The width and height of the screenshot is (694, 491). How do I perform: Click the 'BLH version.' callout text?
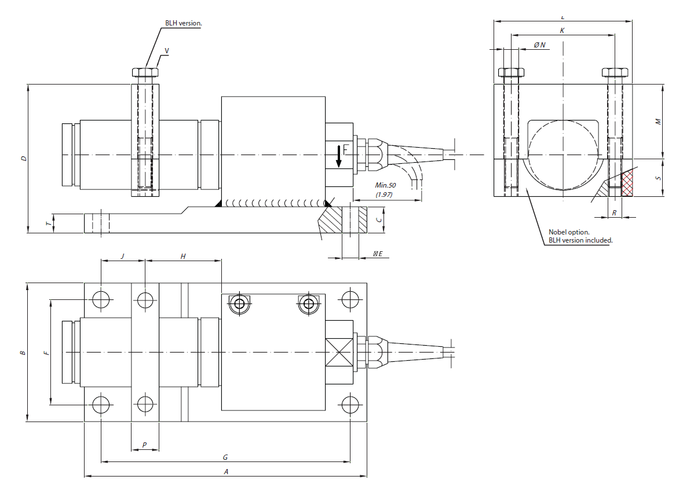tap(183, 24)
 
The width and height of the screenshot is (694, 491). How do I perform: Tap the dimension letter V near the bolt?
tap(167, 51)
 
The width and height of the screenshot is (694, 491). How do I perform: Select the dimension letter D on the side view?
tap(23, 158)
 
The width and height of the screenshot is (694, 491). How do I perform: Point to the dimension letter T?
tap(49, 223)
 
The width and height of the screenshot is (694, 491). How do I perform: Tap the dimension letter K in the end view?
tap(562, 30)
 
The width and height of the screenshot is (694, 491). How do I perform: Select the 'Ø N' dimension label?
tap(539, 45)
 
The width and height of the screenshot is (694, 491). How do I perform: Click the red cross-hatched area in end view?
tap(627, 184)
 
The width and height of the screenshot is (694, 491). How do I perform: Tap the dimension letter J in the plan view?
tap(122, 255)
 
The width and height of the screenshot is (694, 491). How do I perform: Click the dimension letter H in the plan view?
tap(183, 255)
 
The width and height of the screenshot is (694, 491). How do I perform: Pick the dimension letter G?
tap(225, 457)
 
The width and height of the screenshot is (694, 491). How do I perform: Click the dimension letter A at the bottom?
tap(227, 471)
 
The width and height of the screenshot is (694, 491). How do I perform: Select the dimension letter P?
tap(145, 445)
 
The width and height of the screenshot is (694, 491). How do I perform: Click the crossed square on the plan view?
tap(339, 352)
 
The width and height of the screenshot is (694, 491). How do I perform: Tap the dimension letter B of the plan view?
tap(22, 352)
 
